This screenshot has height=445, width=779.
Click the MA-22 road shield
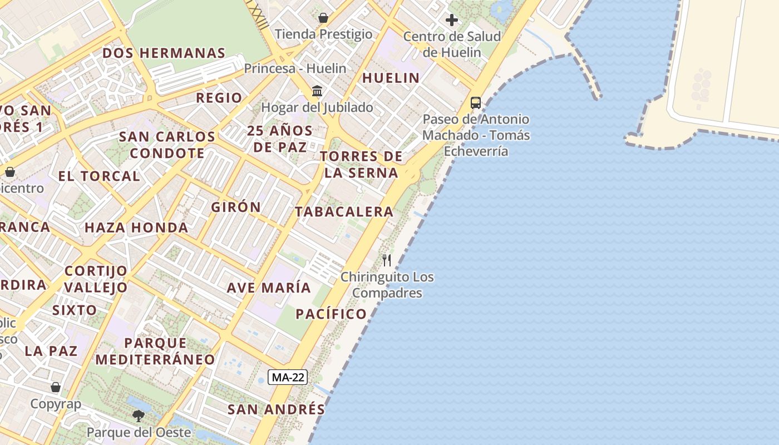pyautogui.click(x=287, y=378)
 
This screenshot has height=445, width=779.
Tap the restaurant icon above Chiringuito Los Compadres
pyautogui.click(x=387, y=260)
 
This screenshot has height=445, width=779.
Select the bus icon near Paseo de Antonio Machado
pyautogui.click(x=476, y=102)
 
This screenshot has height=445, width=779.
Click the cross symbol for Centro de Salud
pyautogui.click(x=452, y=21)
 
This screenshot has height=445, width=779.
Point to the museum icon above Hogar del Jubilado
pyautogui.click(x=317, y=91)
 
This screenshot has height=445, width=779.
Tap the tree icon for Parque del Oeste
pyautogui.click(x=138, y=416)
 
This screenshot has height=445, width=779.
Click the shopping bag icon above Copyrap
pyautogui.click(x=56, y=387)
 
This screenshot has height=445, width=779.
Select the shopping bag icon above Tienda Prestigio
pyautogui.click(x=323, y=18)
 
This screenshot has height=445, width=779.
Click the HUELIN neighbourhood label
pyautogui.click(x=391, y=78)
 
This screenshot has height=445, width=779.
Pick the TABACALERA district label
pyautogui.click(x=344, y=211)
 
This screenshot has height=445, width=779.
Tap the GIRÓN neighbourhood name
pyautogui.click(x=236, y=207)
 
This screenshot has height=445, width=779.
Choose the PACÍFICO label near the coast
pyautogui.click(x=331, y=314)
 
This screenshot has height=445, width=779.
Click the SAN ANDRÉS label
pyautogui.click(x=276, y=409)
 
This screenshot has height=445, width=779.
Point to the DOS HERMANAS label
pyautogui.click(x=164, y=53)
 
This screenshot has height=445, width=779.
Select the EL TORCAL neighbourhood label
pyautogui.click(x=99, y=176)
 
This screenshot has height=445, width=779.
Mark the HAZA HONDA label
pyautogui.click(x=136, y=227)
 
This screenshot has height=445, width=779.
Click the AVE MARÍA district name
pyautogui.click(x=269, y=288)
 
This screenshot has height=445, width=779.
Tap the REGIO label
pyautogui.click(x=219, y=98)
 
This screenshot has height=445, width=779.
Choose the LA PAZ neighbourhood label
pyautogui.click(x=51, y=351)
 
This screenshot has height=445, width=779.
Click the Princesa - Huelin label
pyautogui.click(x=295, y=68)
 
